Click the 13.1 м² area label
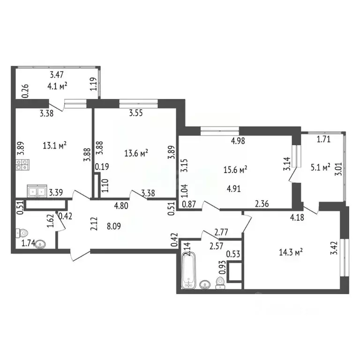pos(54,145)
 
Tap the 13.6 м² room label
pos(136,152)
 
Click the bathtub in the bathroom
pos(188,270)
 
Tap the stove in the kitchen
pos(23,165)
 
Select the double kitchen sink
pos(35,191)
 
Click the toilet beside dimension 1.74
pos(21,232)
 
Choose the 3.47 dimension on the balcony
pos(57,74)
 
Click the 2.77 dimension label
pos(222,232)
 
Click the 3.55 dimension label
pos(136,112)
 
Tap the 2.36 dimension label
pos(262,203)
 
